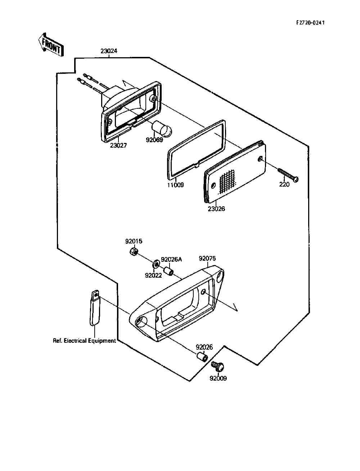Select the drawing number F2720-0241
[x=310, y=23]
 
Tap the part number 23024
[x=109, y=51]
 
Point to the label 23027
[x=118, y=145]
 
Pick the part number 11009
[x=175, y=185]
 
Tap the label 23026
[x=216, y=209]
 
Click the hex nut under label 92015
[x=134, y=251]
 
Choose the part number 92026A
[x=171, y=259]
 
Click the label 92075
[x=207, y=258]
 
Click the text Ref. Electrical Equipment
[x=84, y=341]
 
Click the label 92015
[x=134, y=241]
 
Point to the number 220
[x=284, y=184]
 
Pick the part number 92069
[x=154, y=140]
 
